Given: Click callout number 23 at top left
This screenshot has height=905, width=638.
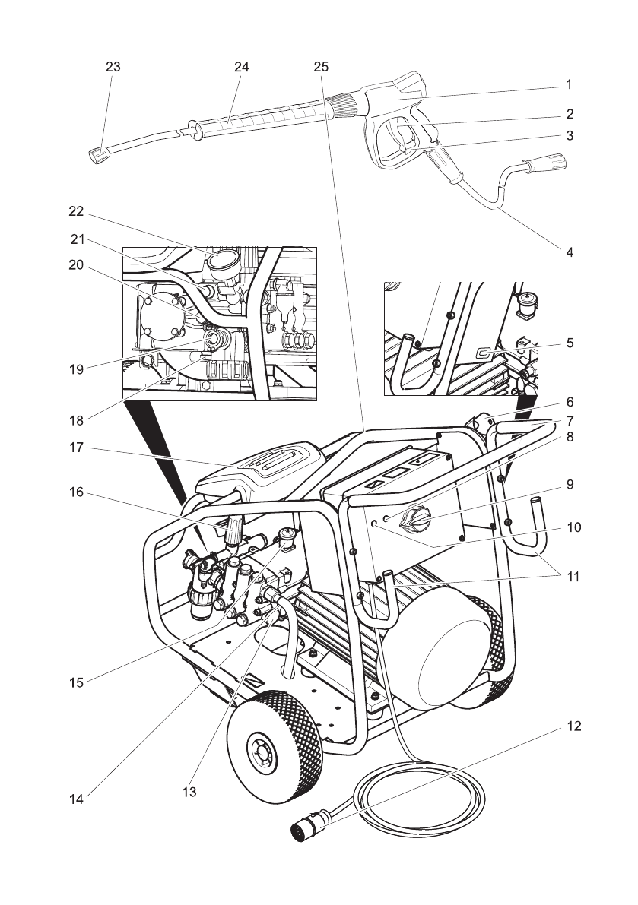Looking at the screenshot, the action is click(x=113, y=66).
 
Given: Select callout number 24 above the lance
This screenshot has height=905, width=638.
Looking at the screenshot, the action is click(x=241, y=66).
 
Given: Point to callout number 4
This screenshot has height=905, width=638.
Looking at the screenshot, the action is click(x=570, y=252).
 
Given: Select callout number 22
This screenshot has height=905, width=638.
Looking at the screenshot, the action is click(x=76, y=211).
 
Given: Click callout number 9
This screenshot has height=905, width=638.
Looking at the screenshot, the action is click(x=570, y=484).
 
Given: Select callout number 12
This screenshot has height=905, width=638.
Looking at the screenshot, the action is click(x=573, y=726).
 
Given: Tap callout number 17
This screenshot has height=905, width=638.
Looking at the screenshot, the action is click(x=76, y=448).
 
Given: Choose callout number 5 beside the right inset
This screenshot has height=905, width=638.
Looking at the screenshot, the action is click(x=570, y=343).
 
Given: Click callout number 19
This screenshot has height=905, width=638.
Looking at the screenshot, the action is click(x=76, y=369).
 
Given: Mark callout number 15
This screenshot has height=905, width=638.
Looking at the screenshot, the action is click(x=76, y=683).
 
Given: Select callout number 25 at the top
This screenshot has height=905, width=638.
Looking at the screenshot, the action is click(x=321, y=66).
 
